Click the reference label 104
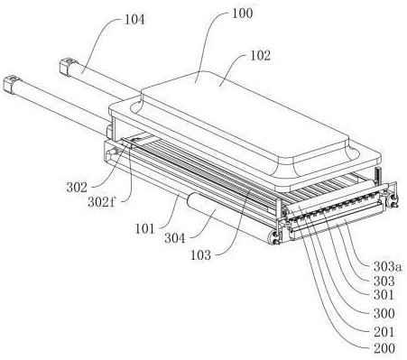(x=134, y=20)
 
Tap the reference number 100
(x=243, y=13)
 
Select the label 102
(x=261, y=56)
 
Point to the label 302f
(x=102, y=202)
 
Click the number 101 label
(x=144, y=229)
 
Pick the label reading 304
(x=174, y=238)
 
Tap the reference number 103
(x=201, y=255)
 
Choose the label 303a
(x=387, y=266)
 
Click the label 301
(x=384, y=295)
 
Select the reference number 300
(x=384, y=314)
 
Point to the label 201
(x=384, y=332)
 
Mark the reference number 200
(x=384, y=348)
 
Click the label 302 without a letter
(x=77, y=188)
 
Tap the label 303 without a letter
(x=384, y=282)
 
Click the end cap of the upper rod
(x=68, y=66)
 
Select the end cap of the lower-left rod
(x=12, y=84)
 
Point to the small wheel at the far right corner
(x=393, y=200)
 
